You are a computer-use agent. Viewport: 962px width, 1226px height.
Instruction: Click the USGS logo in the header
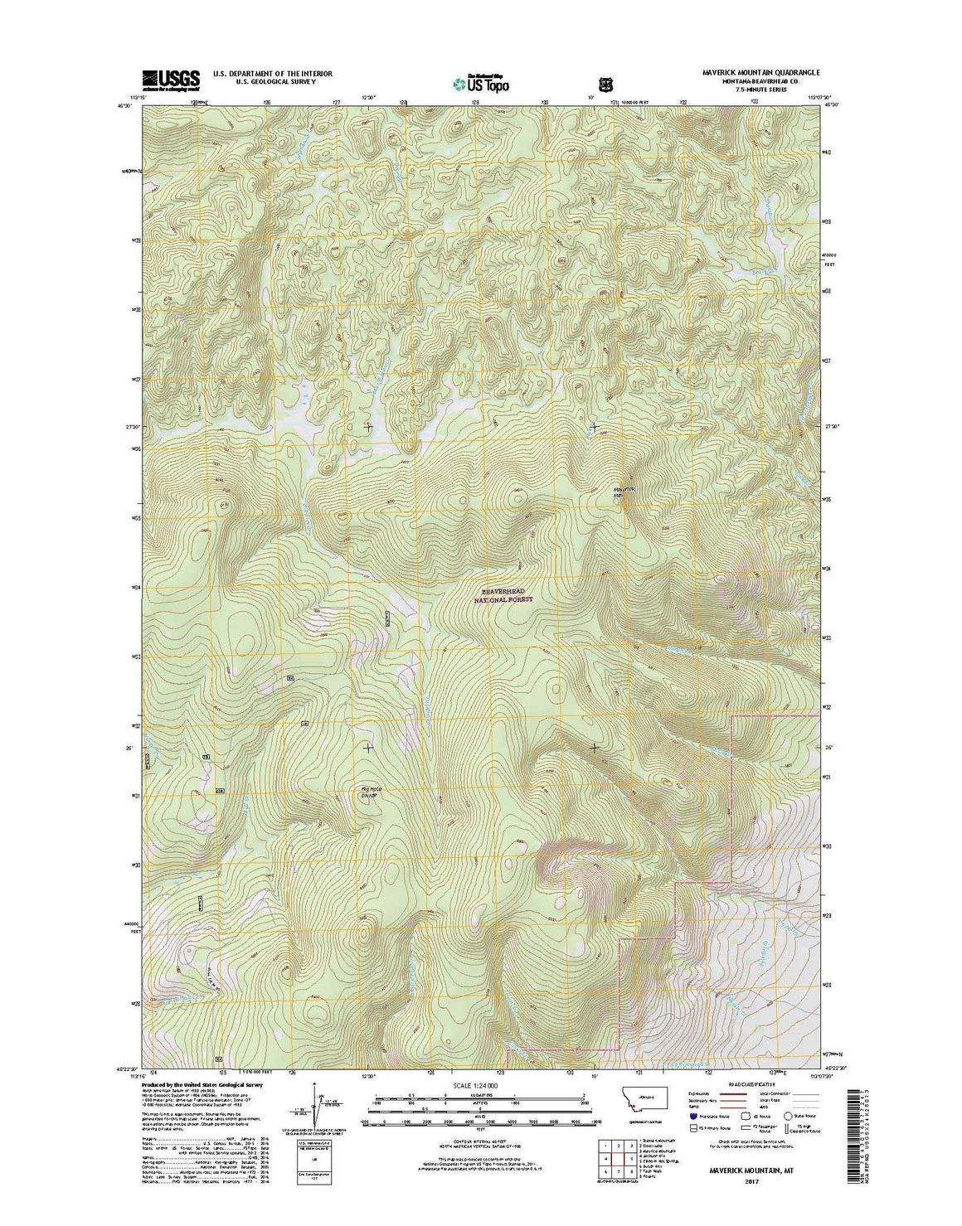(x=171, y=80)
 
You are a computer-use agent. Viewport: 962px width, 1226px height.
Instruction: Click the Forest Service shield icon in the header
(x=604, y=84)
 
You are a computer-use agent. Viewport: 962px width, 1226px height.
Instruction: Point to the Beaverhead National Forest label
(x=506, y=594)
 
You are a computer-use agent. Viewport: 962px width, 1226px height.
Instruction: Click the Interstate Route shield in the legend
(x=692, y=1117)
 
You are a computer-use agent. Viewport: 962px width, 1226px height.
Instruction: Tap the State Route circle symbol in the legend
(x=787, y=1117)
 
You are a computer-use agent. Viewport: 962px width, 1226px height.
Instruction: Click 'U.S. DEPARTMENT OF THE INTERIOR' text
(x=273, y=74)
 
